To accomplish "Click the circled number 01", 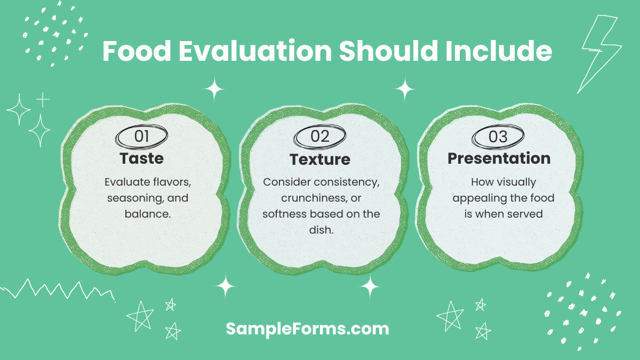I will (x=141, y=136).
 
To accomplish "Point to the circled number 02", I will (x=320, y=136).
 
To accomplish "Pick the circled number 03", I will (x=498, y=136).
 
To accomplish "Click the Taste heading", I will (x=141, y=158).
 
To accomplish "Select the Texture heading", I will (x=320, y=159).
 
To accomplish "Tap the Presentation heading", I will (x=499, y=158).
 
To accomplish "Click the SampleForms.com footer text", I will (x=308, y=329).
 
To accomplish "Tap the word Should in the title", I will (x=375, y=52).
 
